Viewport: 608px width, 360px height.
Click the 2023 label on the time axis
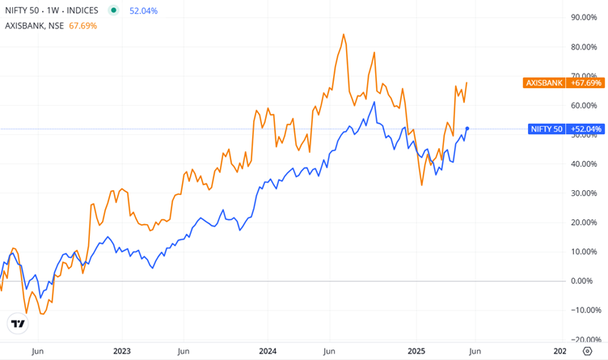point(121,351)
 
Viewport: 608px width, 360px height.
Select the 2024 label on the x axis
point(268,351)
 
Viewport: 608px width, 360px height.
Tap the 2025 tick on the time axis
point(416,351)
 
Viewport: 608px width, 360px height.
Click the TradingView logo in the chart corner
point(17,324)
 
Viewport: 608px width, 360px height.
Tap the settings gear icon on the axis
point(587,351)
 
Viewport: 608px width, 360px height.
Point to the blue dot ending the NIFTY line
point(467,129)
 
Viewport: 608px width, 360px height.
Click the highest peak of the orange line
point(344,35)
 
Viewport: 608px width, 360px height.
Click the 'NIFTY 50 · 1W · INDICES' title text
point(52,11)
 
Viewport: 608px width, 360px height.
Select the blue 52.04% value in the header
point(143,11)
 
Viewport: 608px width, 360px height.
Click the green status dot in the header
point(113,11)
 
